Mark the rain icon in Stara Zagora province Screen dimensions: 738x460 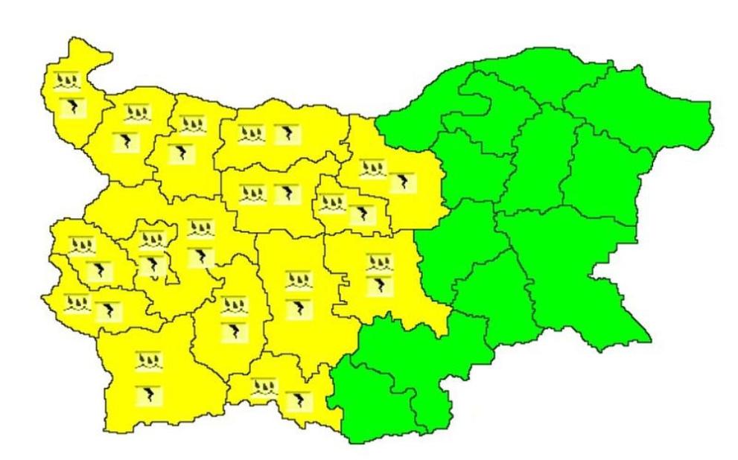(x=380, y=261)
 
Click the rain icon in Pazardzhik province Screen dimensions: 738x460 (x=234, y=304)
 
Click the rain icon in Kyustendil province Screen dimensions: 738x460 (x=77, y=303)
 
